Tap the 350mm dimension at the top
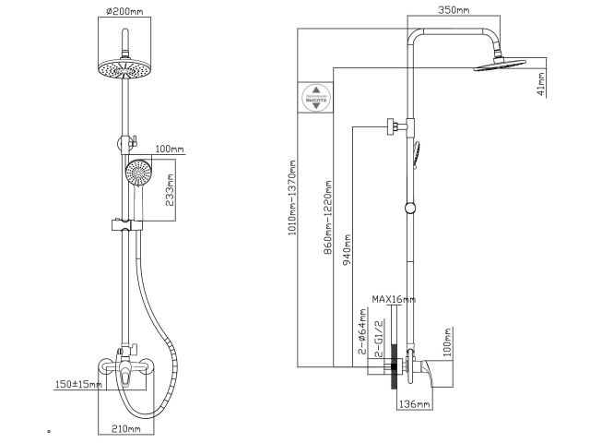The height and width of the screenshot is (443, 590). [456, 10]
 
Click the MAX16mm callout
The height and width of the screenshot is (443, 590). [394, 299]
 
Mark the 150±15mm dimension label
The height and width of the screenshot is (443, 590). [77, 383]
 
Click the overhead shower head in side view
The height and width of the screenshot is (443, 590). [501, 64]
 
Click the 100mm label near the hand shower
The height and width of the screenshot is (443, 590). [170, 149]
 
